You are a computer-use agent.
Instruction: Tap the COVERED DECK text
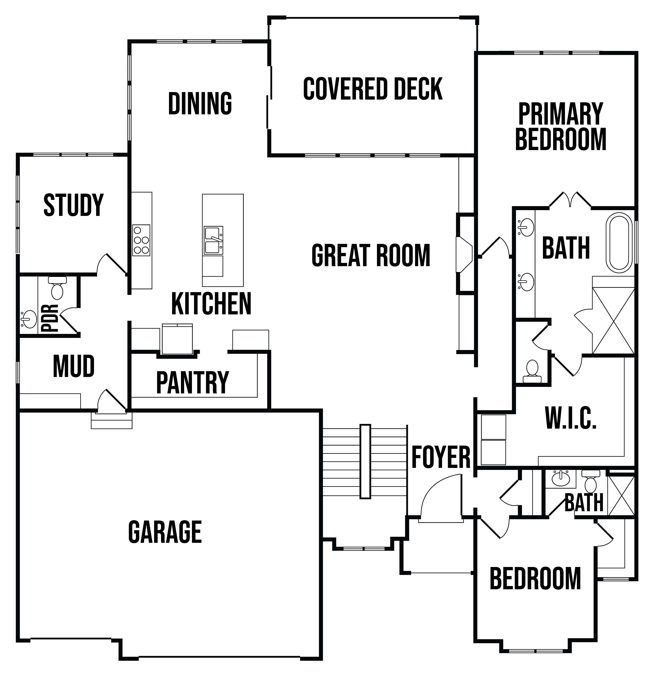373,89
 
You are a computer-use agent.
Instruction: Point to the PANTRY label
193,383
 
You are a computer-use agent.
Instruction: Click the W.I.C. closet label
571,418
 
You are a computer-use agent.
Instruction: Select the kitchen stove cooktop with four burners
141,240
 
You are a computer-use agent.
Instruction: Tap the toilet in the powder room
57,288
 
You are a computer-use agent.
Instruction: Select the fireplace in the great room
464,255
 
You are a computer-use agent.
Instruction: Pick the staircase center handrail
365,461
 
